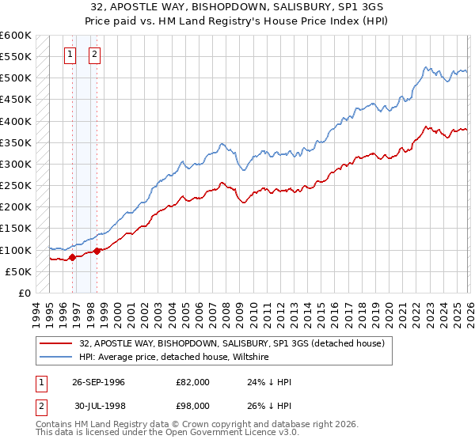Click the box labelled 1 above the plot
tap(70, 55)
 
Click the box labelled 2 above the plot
tap(94, 55)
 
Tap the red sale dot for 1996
tap(72, 257)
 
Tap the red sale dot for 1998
tap(97, 251)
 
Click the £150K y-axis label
tap(16, 229)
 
